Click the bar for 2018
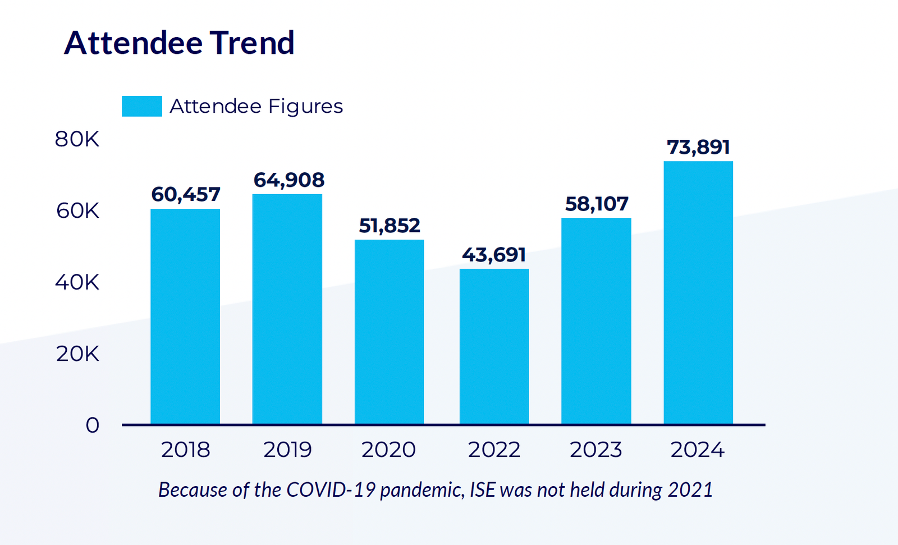(x=185, y=317)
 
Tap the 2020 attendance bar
(x=389, y=332)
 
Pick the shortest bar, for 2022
(x=494, y=346)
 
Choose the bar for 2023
(x=596, y=320)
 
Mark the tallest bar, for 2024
(x=698, y=292)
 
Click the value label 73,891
(x=698, y=147)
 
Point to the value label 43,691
(x=494, y=255)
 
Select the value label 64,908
(x=288, y=180)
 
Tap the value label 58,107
(x=596, y=204)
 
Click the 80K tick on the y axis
(x=77, y=139)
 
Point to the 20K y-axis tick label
(x=77, y=354)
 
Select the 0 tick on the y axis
(x=93, y=425)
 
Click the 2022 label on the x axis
(x=494, y=450)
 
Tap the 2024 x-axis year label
(x=698, y=450)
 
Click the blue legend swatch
(x=142, y=106)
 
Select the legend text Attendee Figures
(x=256, y=106)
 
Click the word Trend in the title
(x=253, y=43)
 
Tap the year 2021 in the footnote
(x=690, y=490)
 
